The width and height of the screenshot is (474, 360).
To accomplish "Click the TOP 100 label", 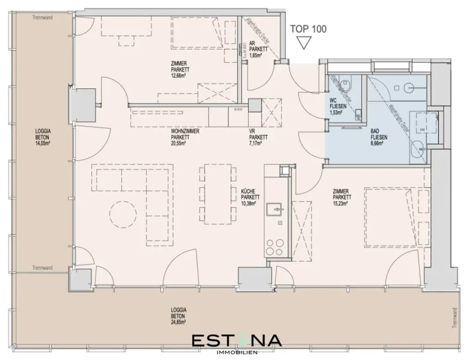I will [308, 29].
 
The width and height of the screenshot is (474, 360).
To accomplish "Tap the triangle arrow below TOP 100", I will [304, 43].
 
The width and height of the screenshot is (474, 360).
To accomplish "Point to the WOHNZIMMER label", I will [185, 131].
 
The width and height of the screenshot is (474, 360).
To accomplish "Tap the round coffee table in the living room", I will [123, 214].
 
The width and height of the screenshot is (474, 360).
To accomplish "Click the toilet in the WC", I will [344, 85].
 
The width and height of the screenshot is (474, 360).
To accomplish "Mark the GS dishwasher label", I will [280, 224].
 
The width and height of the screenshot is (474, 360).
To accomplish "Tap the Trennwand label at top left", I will [43, 18].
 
